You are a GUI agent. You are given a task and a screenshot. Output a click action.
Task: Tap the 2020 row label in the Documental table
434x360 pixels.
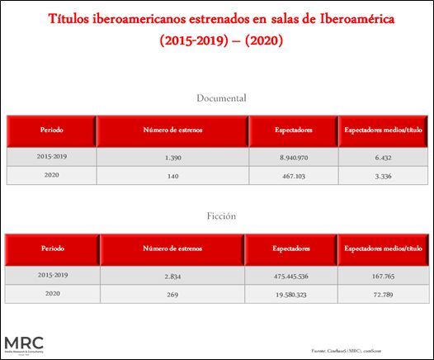click(51, 175)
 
